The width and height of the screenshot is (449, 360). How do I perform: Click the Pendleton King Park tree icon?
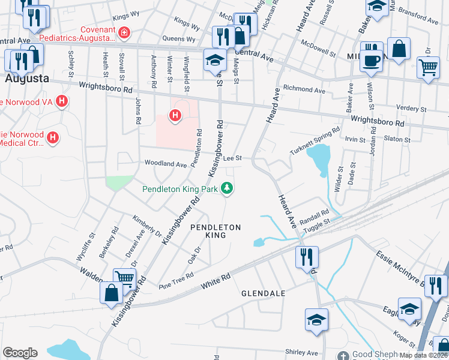(x=228, y=189)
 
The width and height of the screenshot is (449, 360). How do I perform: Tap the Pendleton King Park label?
(x=179, y=189)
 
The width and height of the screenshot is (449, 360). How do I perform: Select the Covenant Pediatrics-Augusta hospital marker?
(x=123, y=32)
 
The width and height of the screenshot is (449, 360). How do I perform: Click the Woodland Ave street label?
(x=165, y=164)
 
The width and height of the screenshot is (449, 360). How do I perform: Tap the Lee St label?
(x=232, y=158)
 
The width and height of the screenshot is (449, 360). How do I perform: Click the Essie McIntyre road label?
(x=399, y=264)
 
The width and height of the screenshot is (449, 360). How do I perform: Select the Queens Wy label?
(x=178, y=40)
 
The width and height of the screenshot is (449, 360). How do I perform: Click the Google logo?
(x=20, y=353)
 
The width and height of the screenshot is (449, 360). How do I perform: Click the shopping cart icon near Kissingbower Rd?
(x=124, y=278)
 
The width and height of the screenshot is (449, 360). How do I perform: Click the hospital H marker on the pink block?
(x=175, y=115)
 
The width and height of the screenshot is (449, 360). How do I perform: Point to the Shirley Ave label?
(x=301, y=352)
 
